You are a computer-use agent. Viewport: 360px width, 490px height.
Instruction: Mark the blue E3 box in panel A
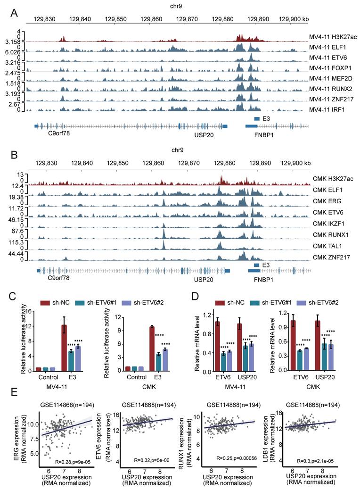tap(257, 119)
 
